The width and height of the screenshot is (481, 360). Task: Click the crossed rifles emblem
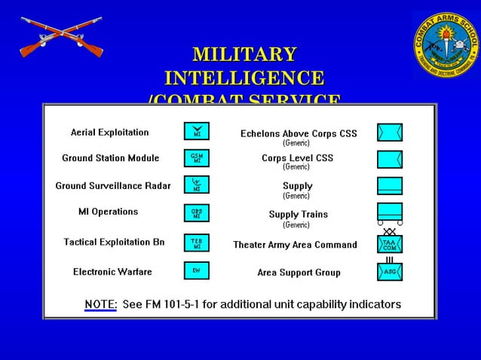(x=60, y=38)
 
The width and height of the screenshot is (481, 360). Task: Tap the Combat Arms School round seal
(x=446, y=42)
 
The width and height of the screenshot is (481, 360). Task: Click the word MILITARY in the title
(x=244, y=55)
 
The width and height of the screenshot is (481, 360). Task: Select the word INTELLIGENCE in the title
(x=244, y=78)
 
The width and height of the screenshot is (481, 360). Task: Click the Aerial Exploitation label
(x=109, y=133)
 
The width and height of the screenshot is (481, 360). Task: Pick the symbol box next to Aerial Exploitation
(x=196, y=132)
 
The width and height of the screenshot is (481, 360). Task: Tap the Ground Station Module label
(x=110, y=158)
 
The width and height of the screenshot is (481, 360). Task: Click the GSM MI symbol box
(x=196, y=158)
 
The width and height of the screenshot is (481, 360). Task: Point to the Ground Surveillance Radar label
(x=112, y=185)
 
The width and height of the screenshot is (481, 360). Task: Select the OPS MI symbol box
(x=196, y=213)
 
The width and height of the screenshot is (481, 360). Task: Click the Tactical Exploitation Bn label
(x=114, y=242)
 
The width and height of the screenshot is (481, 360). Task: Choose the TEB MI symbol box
(x=196, y=243)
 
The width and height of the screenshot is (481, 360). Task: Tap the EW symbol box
(x=196, y=270)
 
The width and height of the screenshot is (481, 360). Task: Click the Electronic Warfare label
(x=112, y=272)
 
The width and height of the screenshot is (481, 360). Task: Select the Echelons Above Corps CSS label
(x=299, y=134)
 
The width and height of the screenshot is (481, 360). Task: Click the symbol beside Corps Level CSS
(x=390, y=159)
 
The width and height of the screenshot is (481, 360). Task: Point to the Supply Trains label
(x=299, y=215)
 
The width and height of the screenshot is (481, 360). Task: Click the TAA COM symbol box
(x=390, y=245)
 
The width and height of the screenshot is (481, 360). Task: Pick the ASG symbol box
(x=390, y=272)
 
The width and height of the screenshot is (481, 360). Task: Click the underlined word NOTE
(x=100, y=304)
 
